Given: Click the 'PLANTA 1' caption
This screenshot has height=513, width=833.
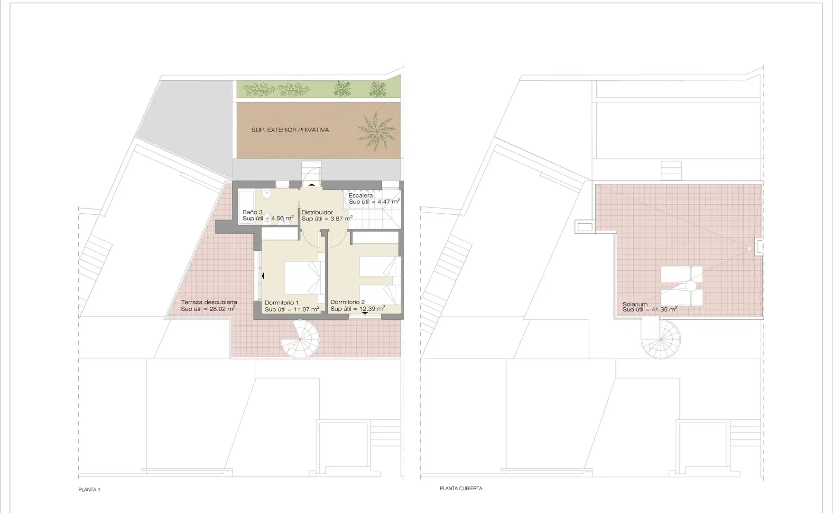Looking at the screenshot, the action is [89, 490].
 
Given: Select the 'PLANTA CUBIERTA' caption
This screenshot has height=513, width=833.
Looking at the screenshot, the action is [461, 488].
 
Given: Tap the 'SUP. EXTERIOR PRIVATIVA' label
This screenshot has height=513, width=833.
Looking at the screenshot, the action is [290, 130].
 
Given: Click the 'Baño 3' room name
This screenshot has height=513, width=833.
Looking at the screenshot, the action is [252, 212].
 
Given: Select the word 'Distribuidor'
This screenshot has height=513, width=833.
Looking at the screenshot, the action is [317, 212].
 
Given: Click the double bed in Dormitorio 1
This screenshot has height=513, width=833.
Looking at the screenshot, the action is [303, 277].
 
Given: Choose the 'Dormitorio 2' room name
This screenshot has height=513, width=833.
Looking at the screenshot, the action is [348, 302].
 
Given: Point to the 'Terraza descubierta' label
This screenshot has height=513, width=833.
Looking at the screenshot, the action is [209, 302].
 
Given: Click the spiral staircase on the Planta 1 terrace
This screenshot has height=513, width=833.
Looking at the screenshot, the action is [300, 339].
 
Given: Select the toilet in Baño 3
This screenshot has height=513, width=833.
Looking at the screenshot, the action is [267, 194].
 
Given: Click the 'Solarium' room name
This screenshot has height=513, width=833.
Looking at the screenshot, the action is [635, 304].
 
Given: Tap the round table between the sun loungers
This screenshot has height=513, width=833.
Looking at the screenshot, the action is [690, 286].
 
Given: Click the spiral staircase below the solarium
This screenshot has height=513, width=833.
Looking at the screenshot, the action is [660, 339].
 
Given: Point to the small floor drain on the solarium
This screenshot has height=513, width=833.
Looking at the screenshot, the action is [750, 248].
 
